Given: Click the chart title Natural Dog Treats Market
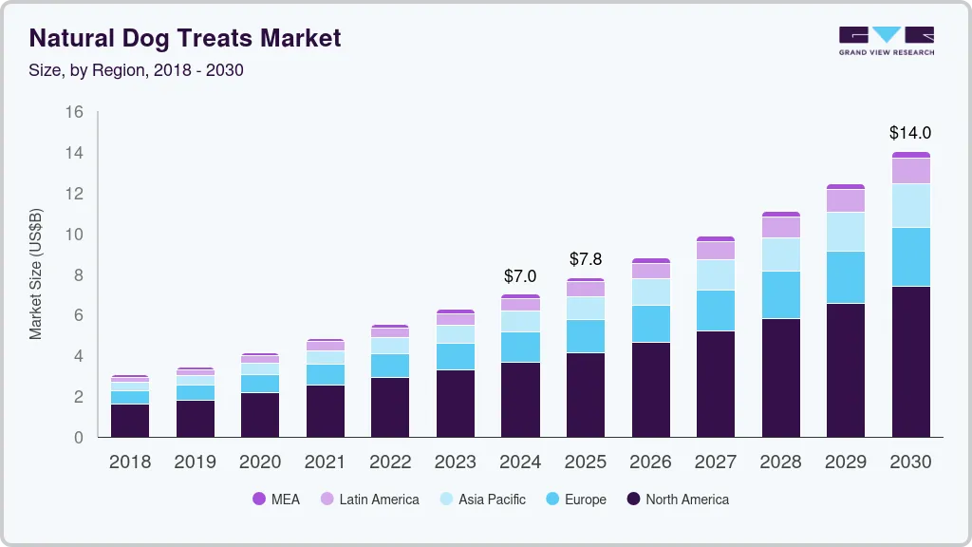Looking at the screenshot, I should (185, 39).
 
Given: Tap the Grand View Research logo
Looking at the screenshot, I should (886, 40).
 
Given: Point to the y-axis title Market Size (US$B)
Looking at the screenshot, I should (36, 273).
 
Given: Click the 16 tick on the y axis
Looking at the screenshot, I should (74, 112).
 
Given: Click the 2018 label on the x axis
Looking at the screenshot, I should (129, 462).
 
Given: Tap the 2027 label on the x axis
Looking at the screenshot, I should (716, 462).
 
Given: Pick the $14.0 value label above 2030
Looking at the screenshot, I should (910, 133).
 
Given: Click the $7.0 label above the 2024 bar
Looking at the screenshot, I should (520, 276).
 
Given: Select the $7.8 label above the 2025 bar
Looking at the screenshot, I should (585, 259).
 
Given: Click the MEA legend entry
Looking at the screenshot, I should (275, 499).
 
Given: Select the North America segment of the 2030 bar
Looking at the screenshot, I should (910, 361).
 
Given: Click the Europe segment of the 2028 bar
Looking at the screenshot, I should (780, 294).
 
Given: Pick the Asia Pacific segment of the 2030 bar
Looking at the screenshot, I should (910, 205).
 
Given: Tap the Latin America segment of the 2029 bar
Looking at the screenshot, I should (846, 200).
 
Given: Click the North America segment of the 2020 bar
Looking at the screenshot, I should (259, 414).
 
